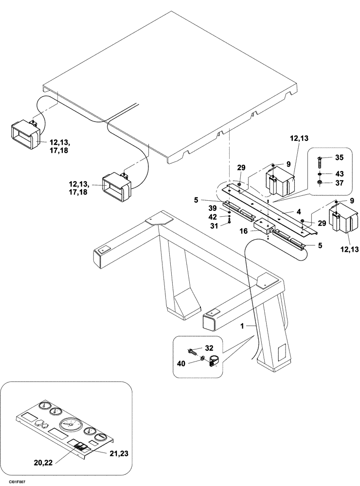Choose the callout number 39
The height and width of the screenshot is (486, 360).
(x=213, y=208)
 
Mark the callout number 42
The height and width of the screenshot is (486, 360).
(x=213, y=217)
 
